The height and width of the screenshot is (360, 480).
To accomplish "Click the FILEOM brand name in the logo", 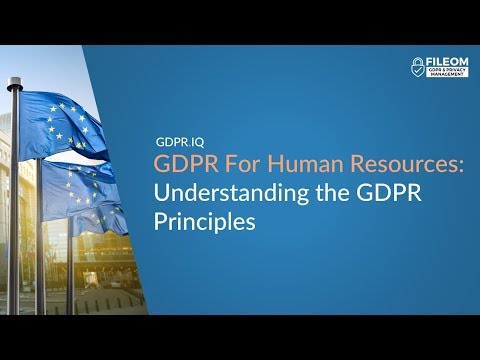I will (x=447, y=62).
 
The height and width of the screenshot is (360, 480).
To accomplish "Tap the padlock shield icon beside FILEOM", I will (x=419, y=67).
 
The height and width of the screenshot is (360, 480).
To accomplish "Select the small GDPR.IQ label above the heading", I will (x=180, y=143).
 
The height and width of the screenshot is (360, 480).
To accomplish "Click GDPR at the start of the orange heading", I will (x=180, y=163).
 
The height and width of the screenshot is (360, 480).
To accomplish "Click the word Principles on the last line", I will (x=204, y=221).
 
